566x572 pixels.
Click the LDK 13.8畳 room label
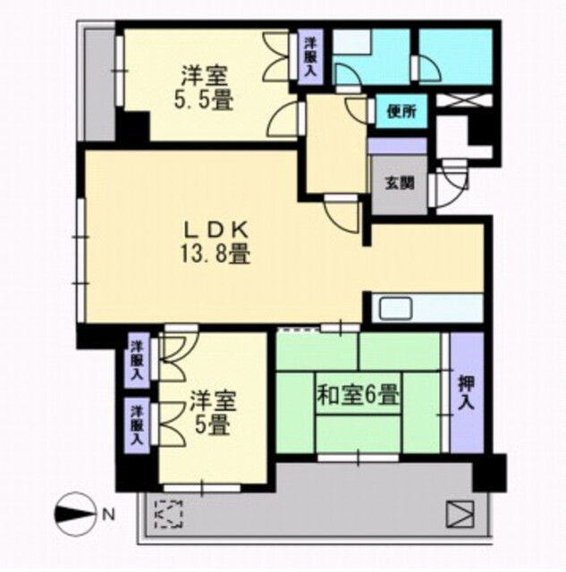pyautogui.click(x=215, y=242)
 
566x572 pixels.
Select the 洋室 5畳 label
pyautogui.click(x=213, y=413)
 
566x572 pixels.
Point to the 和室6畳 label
pyautogui.click(x=359, y=395)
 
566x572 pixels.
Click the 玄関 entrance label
pyautogui.click(x=400, y=183)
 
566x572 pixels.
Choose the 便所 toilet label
pyautogui.click(x=402, y=112)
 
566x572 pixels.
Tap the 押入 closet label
pyautogui.click(x=467, y=392)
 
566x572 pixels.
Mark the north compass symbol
pyautogui.click(x=76, y=514)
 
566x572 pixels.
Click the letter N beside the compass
pyautogui.click(x=108, y=515)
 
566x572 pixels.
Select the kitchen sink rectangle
pyautogui.click(x=396, y=307)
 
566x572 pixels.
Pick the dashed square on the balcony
pyautogui.click(x=169, y=514)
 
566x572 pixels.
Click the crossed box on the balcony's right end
pyautogui.click(x=460, y=514)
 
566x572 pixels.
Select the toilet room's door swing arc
pyautogui.click(x=356, y=107)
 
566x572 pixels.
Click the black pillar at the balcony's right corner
pyautogui.click(x=489, y=473)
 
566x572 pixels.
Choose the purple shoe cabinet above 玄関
pyautogui.click(x=397, y=146)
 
